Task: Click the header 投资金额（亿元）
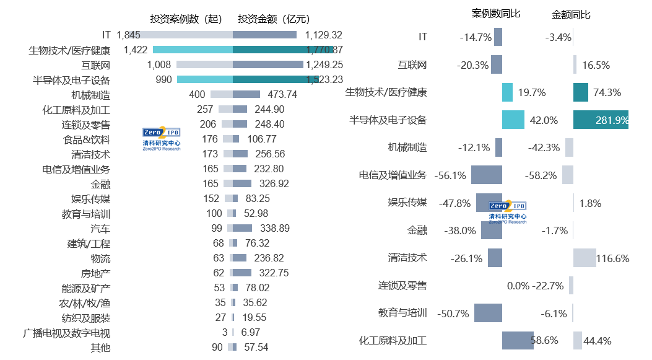tap(274, 19)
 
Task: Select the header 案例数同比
tap(496, 14)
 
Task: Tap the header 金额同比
tap(571, 14)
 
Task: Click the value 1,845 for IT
tap(128, 35)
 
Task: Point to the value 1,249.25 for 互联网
tap(324, 64)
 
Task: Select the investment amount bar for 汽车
tap(242, 228)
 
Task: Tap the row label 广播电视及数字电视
tap(67, 333)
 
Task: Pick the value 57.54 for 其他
tap(256, 348)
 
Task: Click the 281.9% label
tap(612, 120)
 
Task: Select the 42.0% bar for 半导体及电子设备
tap(513, 120)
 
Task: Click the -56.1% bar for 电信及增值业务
tap(486, 175)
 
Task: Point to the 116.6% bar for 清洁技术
tap(585, 258)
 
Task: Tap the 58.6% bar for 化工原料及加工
tap(518, 340)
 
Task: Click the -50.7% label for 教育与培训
tap(453, 314)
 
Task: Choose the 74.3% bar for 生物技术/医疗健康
tap(580, 92)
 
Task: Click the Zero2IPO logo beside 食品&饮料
tap(161, 139)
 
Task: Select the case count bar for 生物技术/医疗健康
tap(192, 50)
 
